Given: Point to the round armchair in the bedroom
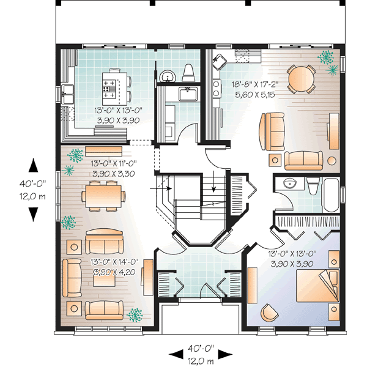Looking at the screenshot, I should (x=267, y=313).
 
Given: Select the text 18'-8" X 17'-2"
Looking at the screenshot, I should (x=252, y=84).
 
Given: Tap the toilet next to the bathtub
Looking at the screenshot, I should (x=312, y=187).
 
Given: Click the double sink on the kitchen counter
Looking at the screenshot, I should (x=67, y=94).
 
